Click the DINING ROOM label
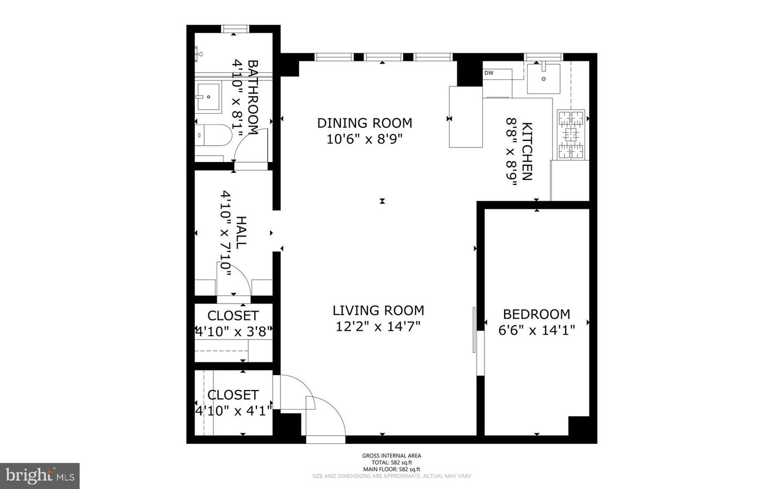click(364, 123)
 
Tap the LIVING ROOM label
click(378, 311)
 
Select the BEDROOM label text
click(536, 314)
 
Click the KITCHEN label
click(527, 151)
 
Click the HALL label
click(241, 232)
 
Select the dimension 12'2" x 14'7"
click(378, 326)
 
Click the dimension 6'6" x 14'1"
click(536, 330)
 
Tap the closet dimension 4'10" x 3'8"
click(233, 331)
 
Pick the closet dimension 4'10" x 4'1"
click(233, 411)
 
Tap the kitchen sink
click(544, 78)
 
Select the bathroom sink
click(209, 97)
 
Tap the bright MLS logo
click(40, 476)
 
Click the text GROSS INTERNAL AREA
click(391, 456)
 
